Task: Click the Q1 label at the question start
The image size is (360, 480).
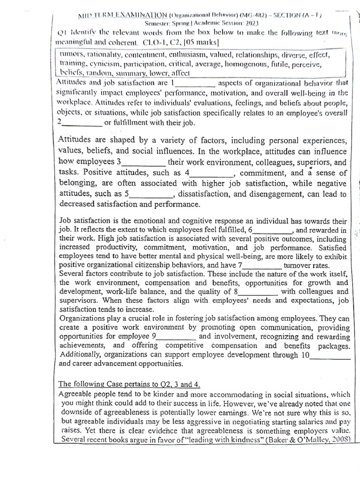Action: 63,33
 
